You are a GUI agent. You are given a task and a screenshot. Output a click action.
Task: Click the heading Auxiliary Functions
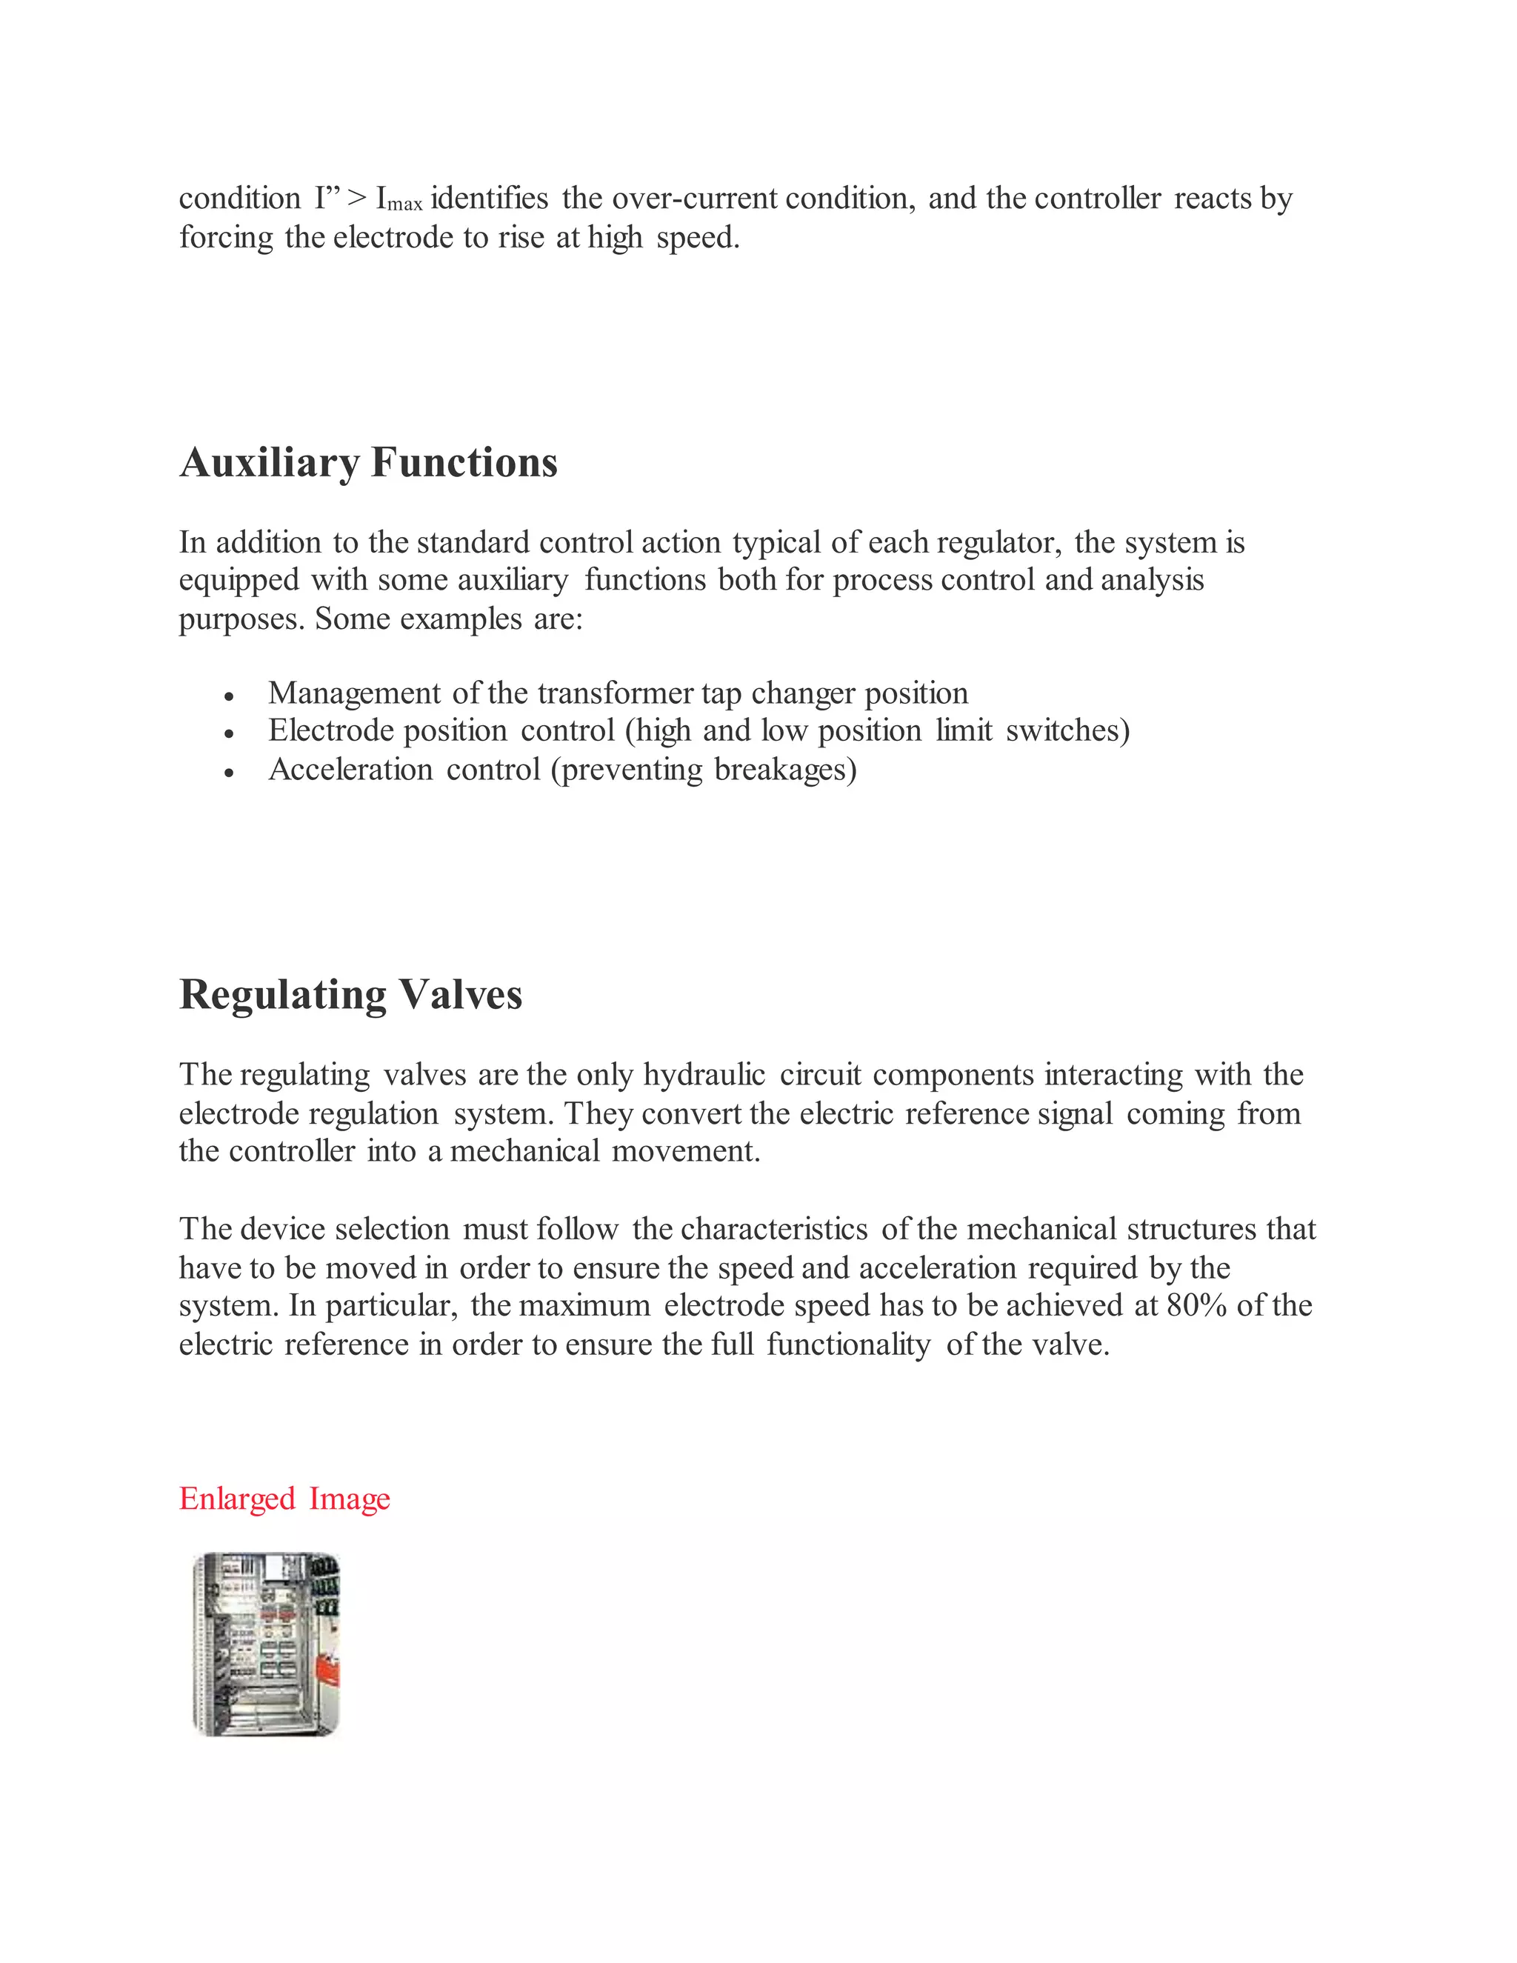368,463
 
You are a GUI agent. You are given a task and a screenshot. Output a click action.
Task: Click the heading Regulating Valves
350,995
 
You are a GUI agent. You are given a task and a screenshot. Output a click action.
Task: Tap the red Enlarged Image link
284,1499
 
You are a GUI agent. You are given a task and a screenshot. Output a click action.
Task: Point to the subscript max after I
404,205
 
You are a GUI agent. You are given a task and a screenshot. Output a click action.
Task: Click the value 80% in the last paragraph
1196,1305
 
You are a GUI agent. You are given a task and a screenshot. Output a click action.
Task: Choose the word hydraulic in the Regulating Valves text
704,1075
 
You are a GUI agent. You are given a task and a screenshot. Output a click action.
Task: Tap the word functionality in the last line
848,1344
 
